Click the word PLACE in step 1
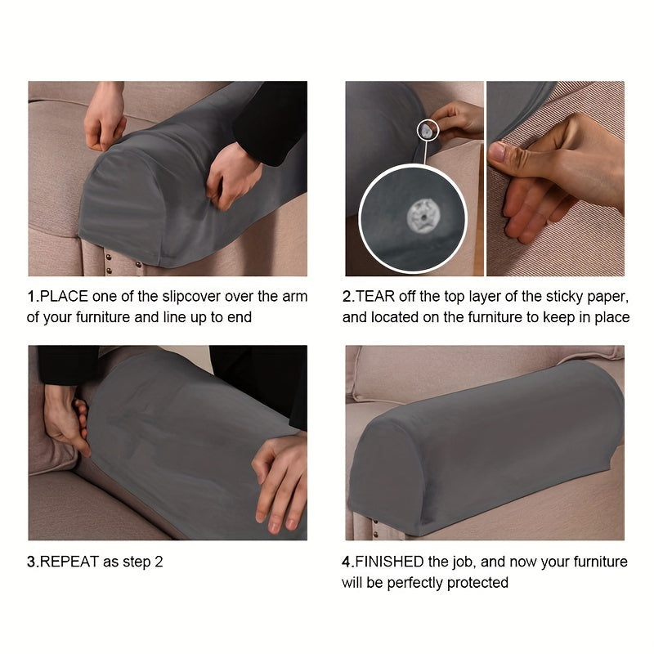(x=64, y=296)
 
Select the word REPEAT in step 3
(x=69, y=562)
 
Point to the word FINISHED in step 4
(x=389, y=562)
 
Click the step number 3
(x=32, y=562)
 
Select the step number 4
(x=346, y=562)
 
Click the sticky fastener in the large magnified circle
(x=422, y=216)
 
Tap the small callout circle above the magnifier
(x=428, y=130)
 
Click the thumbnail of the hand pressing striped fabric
(x=556, y=178)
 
